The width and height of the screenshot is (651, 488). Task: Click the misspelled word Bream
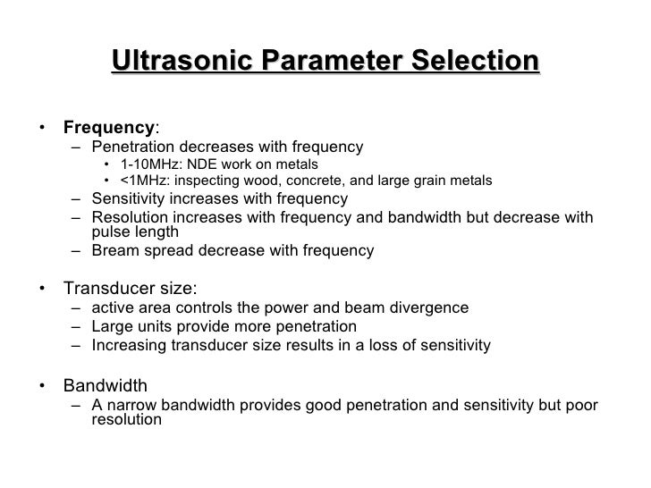pyautogui.click(x=114, y=251)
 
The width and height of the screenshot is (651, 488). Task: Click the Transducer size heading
pyautogui.click(x=130, y=288)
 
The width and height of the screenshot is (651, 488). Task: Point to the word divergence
pyautogui.click(x=427, y=308)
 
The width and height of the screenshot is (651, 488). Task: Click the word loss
pyautogui.click(x=386, y=344)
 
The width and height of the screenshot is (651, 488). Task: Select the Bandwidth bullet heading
pyautogui.click(x=105, y=386)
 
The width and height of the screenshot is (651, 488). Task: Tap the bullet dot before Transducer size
pyautogui.click(x=42, y=289)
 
